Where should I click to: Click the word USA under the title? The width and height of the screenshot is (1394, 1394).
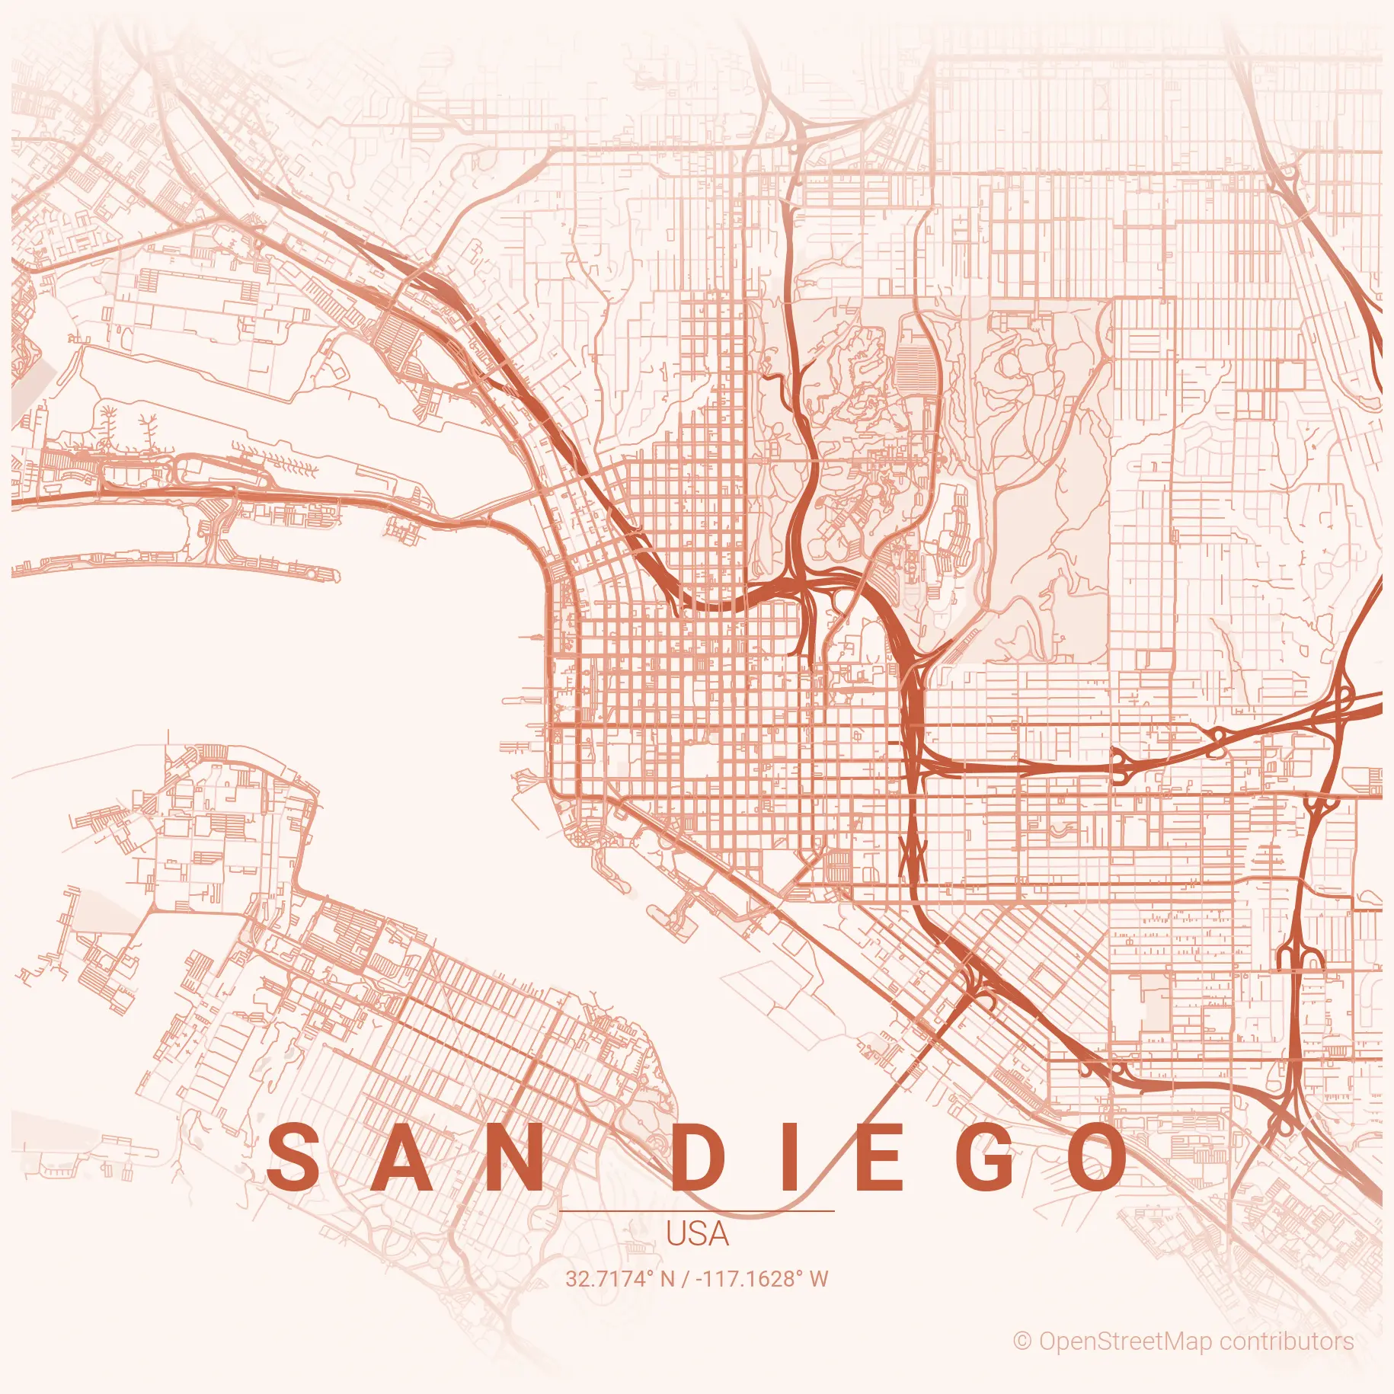[x=697, y=1235]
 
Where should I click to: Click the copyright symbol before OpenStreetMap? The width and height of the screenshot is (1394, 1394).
[x=1022, y=1342]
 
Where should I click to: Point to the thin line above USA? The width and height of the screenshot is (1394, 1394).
[x=697, y=1210]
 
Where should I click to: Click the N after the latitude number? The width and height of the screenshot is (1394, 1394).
[x=668, y=1279]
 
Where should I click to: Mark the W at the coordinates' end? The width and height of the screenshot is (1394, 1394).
[x=819, y=1279]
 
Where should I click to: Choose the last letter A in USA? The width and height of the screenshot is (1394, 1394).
[x=718, y=1235]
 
